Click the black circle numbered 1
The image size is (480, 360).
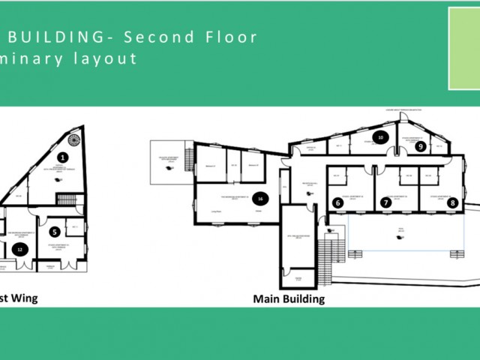pos(63,157)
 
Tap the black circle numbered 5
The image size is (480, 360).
pos(55,232)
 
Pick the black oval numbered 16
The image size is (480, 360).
pos(259,199)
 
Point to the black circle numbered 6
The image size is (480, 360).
pos(338,202)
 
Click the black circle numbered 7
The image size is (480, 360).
pos(386,202)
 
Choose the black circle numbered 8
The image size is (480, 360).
pos(452,202)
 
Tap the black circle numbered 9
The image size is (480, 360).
pos(421,146)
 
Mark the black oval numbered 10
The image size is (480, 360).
pos(381,137)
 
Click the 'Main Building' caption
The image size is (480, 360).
pos(289,298)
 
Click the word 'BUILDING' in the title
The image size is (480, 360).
pos(57,37)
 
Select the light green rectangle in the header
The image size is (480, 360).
pos(464,49)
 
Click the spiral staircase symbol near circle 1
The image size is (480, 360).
pos(74,139)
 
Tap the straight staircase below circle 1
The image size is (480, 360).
pos(67,199)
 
